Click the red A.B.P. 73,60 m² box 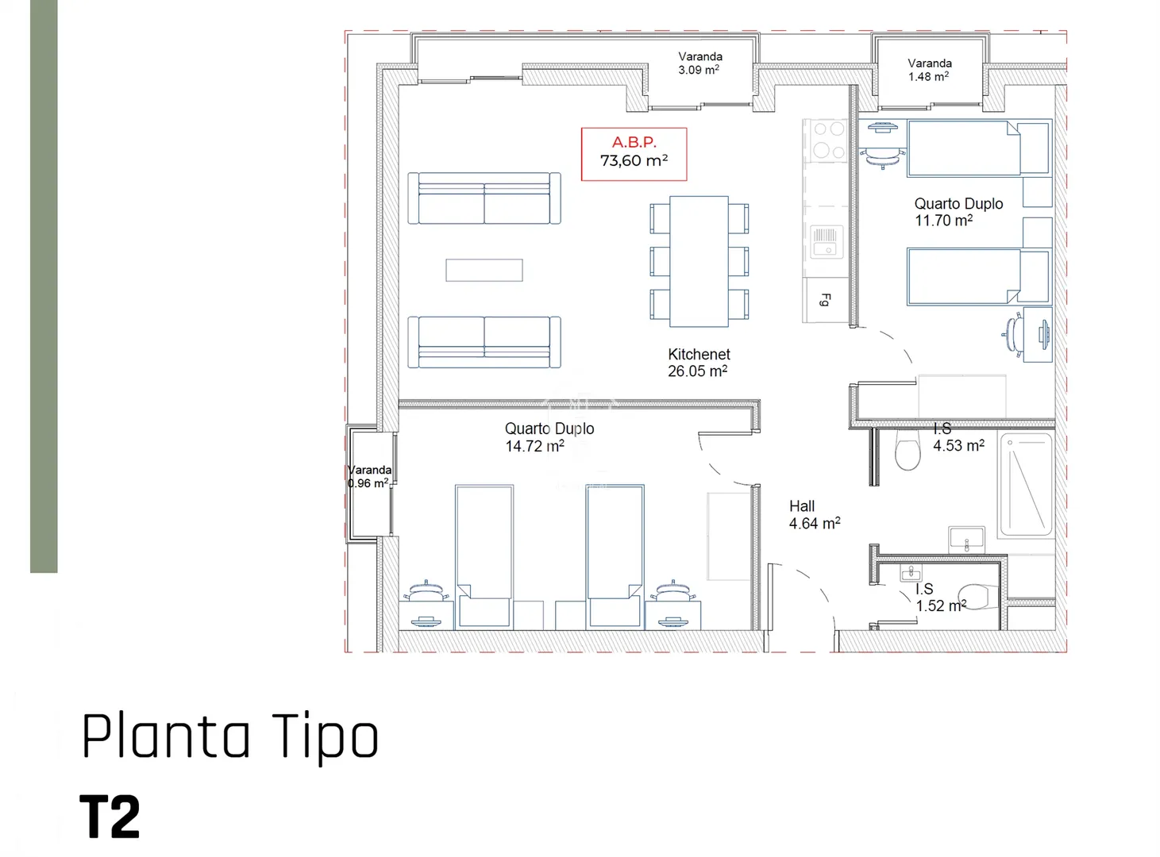point(634,154)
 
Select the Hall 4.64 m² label point(815,514)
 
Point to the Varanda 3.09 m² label point(699,63)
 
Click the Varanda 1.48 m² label point(929,70)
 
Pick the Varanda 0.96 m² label point(369,476)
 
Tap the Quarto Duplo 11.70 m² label point(958,212)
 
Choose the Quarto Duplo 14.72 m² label point(549,437)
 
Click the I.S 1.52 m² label point(940,598)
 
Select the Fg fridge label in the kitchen point(825,300)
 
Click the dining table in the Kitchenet point(699,261)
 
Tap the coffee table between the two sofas point(484,270)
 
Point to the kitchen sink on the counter point(827,241)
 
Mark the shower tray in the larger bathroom point(1025,484)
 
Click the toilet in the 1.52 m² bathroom point(977,597)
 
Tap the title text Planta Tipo point(229,736)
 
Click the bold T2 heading point(110,816)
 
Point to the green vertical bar point(44,286)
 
